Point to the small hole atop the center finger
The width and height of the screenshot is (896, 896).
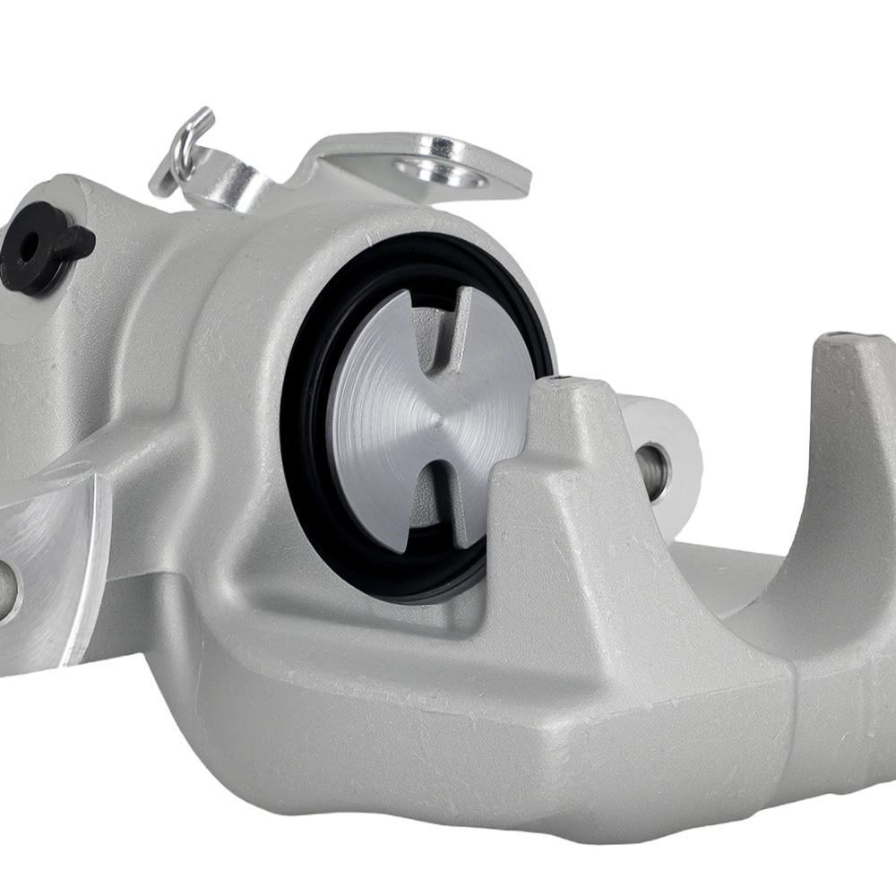[x=563, y=383]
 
